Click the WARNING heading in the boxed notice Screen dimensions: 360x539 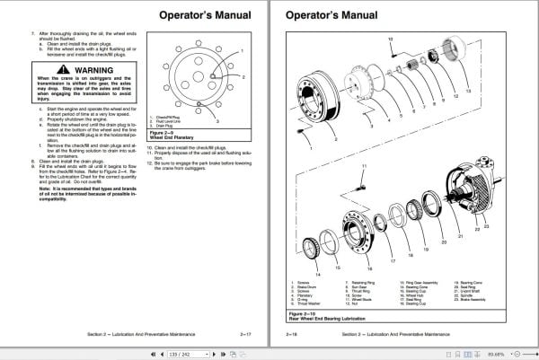(x=94, y=68)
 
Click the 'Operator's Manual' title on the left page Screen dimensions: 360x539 (x=199, y=15)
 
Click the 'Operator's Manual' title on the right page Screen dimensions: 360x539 (x=328, y=15)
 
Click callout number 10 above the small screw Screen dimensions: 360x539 (x=392, y=40)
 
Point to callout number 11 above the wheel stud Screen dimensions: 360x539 (x=364, y=167)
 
